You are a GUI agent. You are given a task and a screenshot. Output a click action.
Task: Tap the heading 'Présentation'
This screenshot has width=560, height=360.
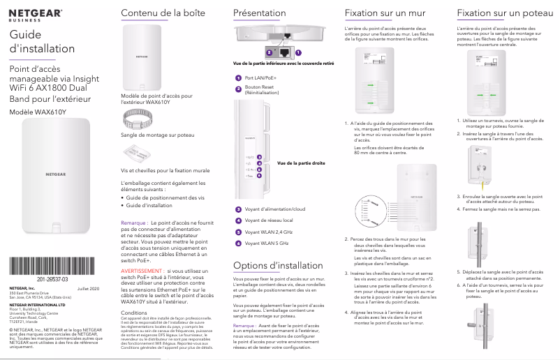[259, 13]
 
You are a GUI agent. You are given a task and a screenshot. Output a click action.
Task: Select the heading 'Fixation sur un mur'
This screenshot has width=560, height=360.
[386, 13]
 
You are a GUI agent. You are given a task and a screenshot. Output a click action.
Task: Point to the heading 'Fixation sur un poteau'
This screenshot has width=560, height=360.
[501, 13]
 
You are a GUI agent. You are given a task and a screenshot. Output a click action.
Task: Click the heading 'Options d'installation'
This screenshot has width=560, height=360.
[277, 266]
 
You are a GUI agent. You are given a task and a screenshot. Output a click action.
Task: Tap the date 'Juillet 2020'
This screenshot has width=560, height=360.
[89, 288]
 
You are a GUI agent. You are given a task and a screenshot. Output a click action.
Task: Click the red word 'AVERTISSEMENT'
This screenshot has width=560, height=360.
[143, 270]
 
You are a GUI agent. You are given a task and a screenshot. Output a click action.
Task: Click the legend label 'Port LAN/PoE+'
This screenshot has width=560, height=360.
[260, 77]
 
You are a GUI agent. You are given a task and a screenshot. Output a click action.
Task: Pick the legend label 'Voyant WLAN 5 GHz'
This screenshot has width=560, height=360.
[267, 243]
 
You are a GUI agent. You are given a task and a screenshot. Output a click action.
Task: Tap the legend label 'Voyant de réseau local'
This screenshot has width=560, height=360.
[269, 220]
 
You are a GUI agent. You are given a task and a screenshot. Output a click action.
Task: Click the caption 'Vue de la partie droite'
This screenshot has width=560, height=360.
[301, 163]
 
